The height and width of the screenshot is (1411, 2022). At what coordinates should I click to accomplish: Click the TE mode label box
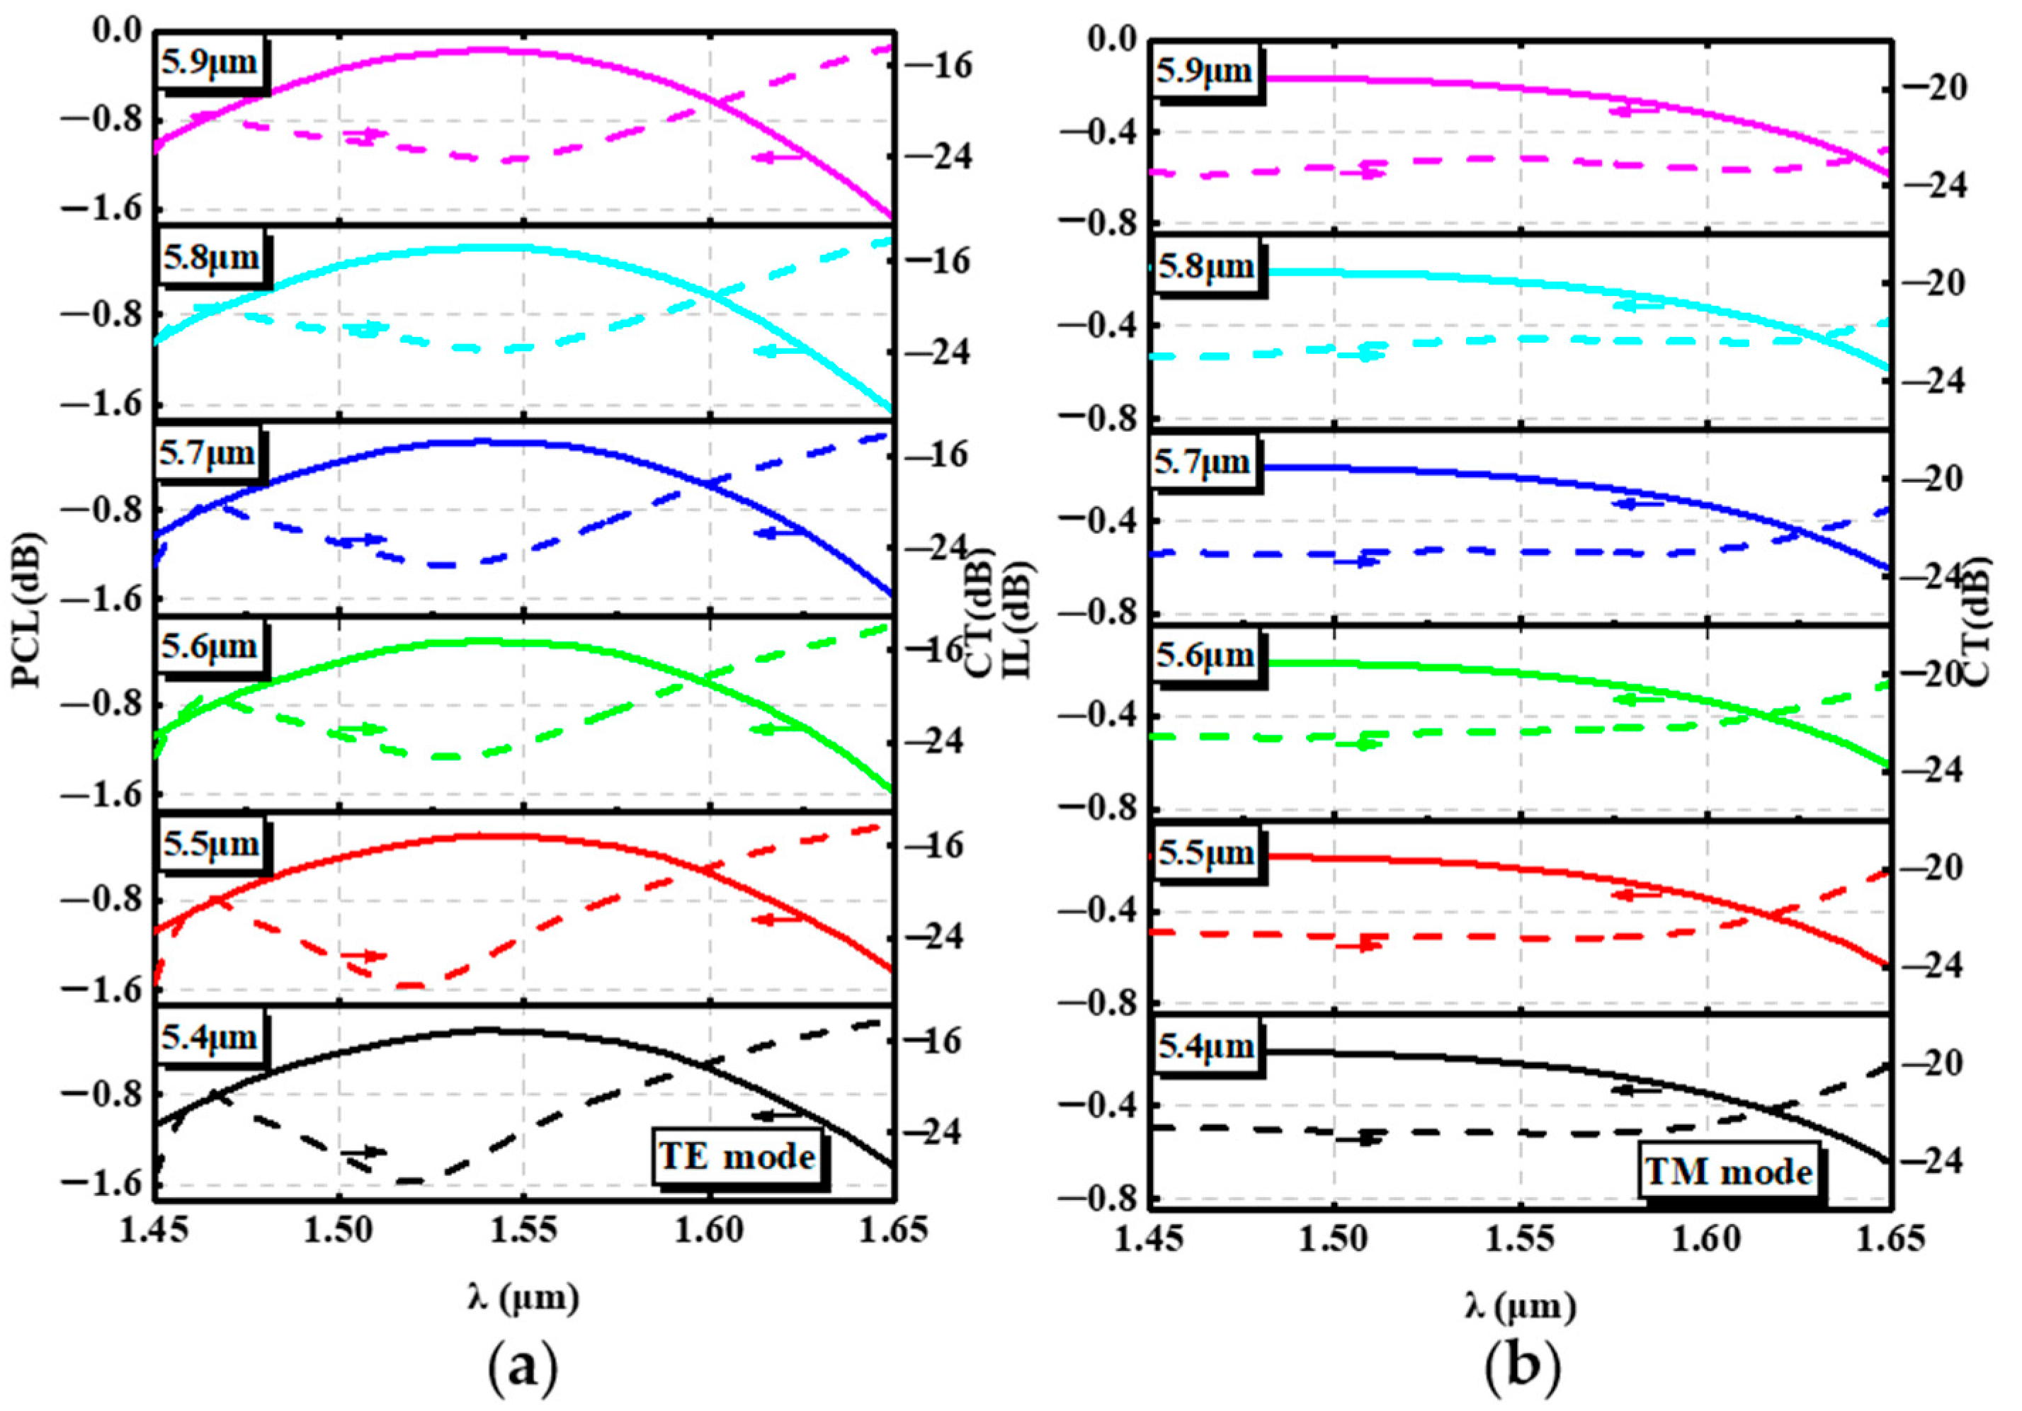point(737,1155)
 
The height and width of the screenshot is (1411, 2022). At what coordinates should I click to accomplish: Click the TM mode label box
point(1728,1172)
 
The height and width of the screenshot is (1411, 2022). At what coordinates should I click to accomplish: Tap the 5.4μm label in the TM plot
point(1205,1046)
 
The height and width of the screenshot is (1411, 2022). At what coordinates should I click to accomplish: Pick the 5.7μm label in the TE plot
point(207,453)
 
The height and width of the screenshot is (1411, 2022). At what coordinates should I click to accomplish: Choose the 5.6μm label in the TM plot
point(1205,656)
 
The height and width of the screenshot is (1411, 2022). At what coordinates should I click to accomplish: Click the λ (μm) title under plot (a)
point(523,1298)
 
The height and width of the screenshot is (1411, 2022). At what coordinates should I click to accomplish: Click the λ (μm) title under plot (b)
point(1520,1306)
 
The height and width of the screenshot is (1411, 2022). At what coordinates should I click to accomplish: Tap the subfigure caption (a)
point(523,1368)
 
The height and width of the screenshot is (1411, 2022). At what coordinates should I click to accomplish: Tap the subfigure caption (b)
point(1521,1368)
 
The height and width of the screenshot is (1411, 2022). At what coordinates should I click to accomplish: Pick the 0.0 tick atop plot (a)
point(116,31)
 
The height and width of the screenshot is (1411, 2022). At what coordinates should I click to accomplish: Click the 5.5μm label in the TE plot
point(210,844)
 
